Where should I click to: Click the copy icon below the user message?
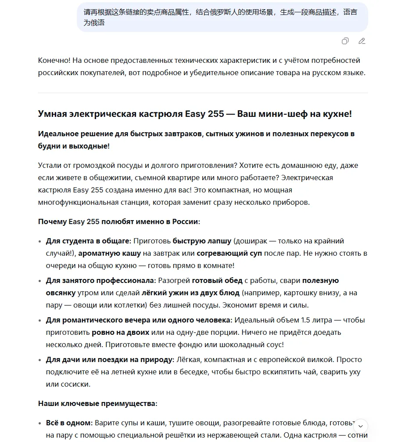[345, 41]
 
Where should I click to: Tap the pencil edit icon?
[362, 41]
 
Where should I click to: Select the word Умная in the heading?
[52, 114]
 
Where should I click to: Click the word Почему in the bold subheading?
[53, 221]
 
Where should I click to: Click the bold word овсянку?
[61, 293]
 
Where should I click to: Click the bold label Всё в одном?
[69, 423]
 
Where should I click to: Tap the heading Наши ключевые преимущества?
[97, 403]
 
